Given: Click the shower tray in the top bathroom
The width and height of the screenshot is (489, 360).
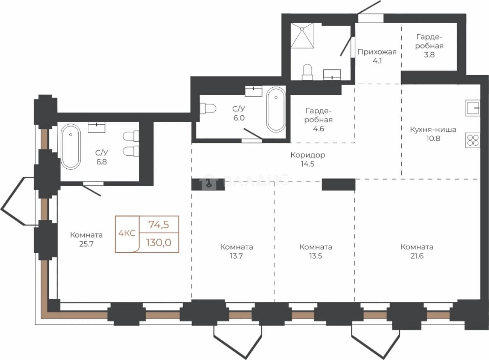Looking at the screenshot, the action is (x=302, y=35).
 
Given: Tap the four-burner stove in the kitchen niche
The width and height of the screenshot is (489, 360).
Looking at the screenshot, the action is (x=473, y=140).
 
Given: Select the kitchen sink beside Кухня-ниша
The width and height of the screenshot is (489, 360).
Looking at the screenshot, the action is (x=473, y=108).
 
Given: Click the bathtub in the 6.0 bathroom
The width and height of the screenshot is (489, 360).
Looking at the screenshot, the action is (x=276, y=109).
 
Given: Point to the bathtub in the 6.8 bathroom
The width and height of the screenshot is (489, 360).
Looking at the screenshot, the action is (x=71, y=147).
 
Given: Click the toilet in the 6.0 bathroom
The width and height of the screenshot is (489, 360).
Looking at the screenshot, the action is (x=208, y=108).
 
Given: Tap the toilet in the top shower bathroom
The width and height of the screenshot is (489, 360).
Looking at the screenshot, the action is (x=307, y=72).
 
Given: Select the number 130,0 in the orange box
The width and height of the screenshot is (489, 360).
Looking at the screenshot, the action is (x=159, y=242).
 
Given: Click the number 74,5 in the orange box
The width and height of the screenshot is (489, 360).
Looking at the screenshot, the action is (x=159, y=224).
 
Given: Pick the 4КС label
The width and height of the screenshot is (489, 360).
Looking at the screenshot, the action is (x=127, y=233).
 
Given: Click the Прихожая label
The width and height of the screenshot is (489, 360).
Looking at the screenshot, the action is (x=377, y=52).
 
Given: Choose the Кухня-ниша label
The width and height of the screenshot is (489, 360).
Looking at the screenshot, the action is (x=433, y=129).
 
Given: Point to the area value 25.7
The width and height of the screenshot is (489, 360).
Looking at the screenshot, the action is (x=86, y=244).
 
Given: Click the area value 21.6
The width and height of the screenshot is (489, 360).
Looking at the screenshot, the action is (x=417, y=256).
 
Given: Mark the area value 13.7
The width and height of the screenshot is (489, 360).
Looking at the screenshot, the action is (x=236, y=256).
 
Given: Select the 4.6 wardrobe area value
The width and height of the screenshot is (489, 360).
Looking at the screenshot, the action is (x=319, y=129).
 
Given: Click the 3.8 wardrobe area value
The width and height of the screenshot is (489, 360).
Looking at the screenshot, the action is (x=429, y=55).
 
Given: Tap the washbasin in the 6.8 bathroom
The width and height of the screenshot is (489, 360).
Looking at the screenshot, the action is (x=96, y=127).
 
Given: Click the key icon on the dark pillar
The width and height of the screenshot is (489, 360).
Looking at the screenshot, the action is (x=209, y=183).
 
